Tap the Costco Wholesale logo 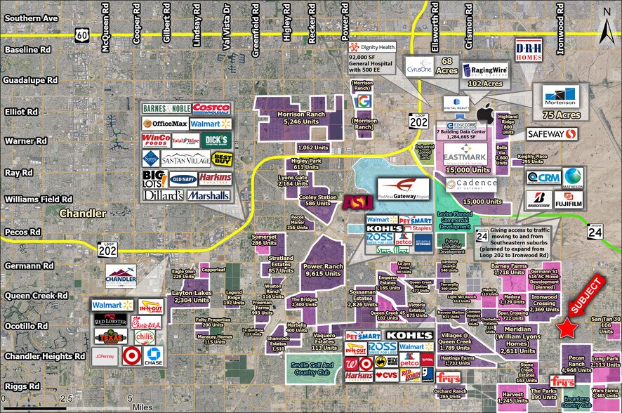click(211, 108)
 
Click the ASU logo click(353, 203)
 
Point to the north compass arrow click(607, 28)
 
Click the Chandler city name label click(84, 213)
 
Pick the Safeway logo click(552, 134)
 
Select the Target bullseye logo click(129, 358)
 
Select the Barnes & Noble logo click(166, 109)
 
